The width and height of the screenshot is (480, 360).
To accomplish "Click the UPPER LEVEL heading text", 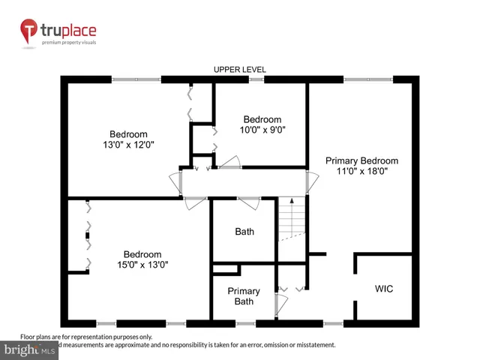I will pos(240,70).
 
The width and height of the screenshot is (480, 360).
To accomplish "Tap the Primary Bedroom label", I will pos(361,160).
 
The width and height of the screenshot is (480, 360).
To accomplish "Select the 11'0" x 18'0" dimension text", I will pos(361,171).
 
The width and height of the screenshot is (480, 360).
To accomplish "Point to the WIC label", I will pos(384,289).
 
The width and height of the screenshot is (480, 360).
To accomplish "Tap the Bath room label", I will pos(244,232).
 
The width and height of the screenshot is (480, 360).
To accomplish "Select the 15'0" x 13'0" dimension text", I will pos(142,264).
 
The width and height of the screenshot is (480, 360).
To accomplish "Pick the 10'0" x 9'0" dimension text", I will pos(262,129).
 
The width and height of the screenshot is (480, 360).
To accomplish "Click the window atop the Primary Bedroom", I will pos(367,79).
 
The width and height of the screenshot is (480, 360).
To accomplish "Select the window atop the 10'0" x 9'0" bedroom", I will pos(257,79).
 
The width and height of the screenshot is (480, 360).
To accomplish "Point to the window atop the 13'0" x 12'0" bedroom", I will pos(136,79).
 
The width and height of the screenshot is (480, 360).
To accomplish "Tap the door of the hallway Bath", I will pos(248,200).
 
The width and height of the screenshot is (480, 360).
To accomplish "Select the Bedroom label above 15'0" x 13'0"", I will pos(142,253).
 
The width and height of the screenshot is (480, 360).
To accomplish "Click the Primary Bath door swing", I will pos(280,304).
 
